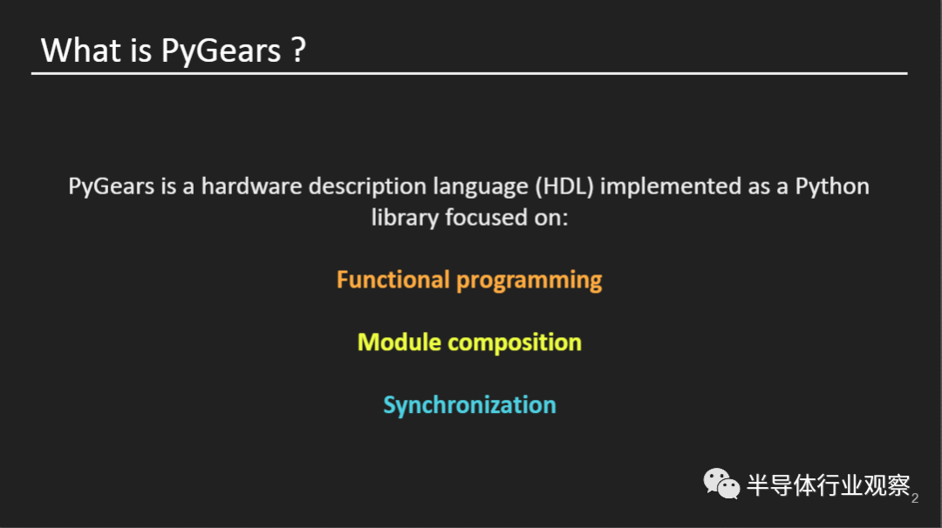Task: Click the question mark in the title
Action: point(298,51)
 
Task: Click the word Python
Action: point(831,186)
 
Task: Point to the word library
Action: point(404,217)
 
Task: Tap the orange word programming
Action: point(529,281)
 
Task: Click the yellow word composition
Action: point(515,343)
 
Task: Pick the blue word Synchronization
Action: point(469,405)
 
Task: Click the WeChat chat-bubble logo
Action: point(721,484)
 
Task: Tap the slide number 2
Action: point(914,498)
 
